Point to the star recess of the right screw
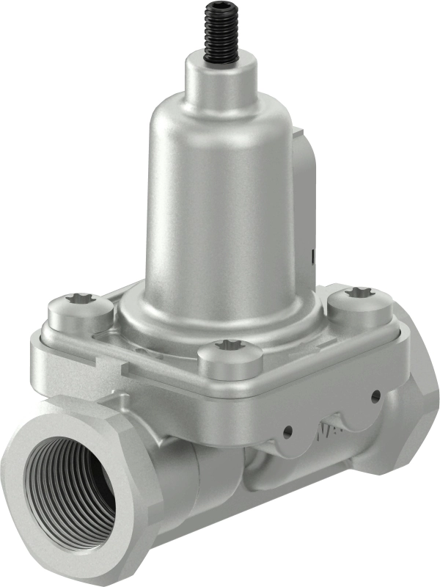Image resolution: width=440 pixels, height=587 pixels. pyautogui.click(x=360, y=293)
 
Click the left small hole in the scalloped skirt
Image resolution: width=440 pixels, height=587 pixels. pyautogui.click(x=287, y=431)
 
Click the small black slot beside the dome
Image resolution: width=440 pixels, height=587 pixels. pyautogui.click(x=312, y=257)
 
